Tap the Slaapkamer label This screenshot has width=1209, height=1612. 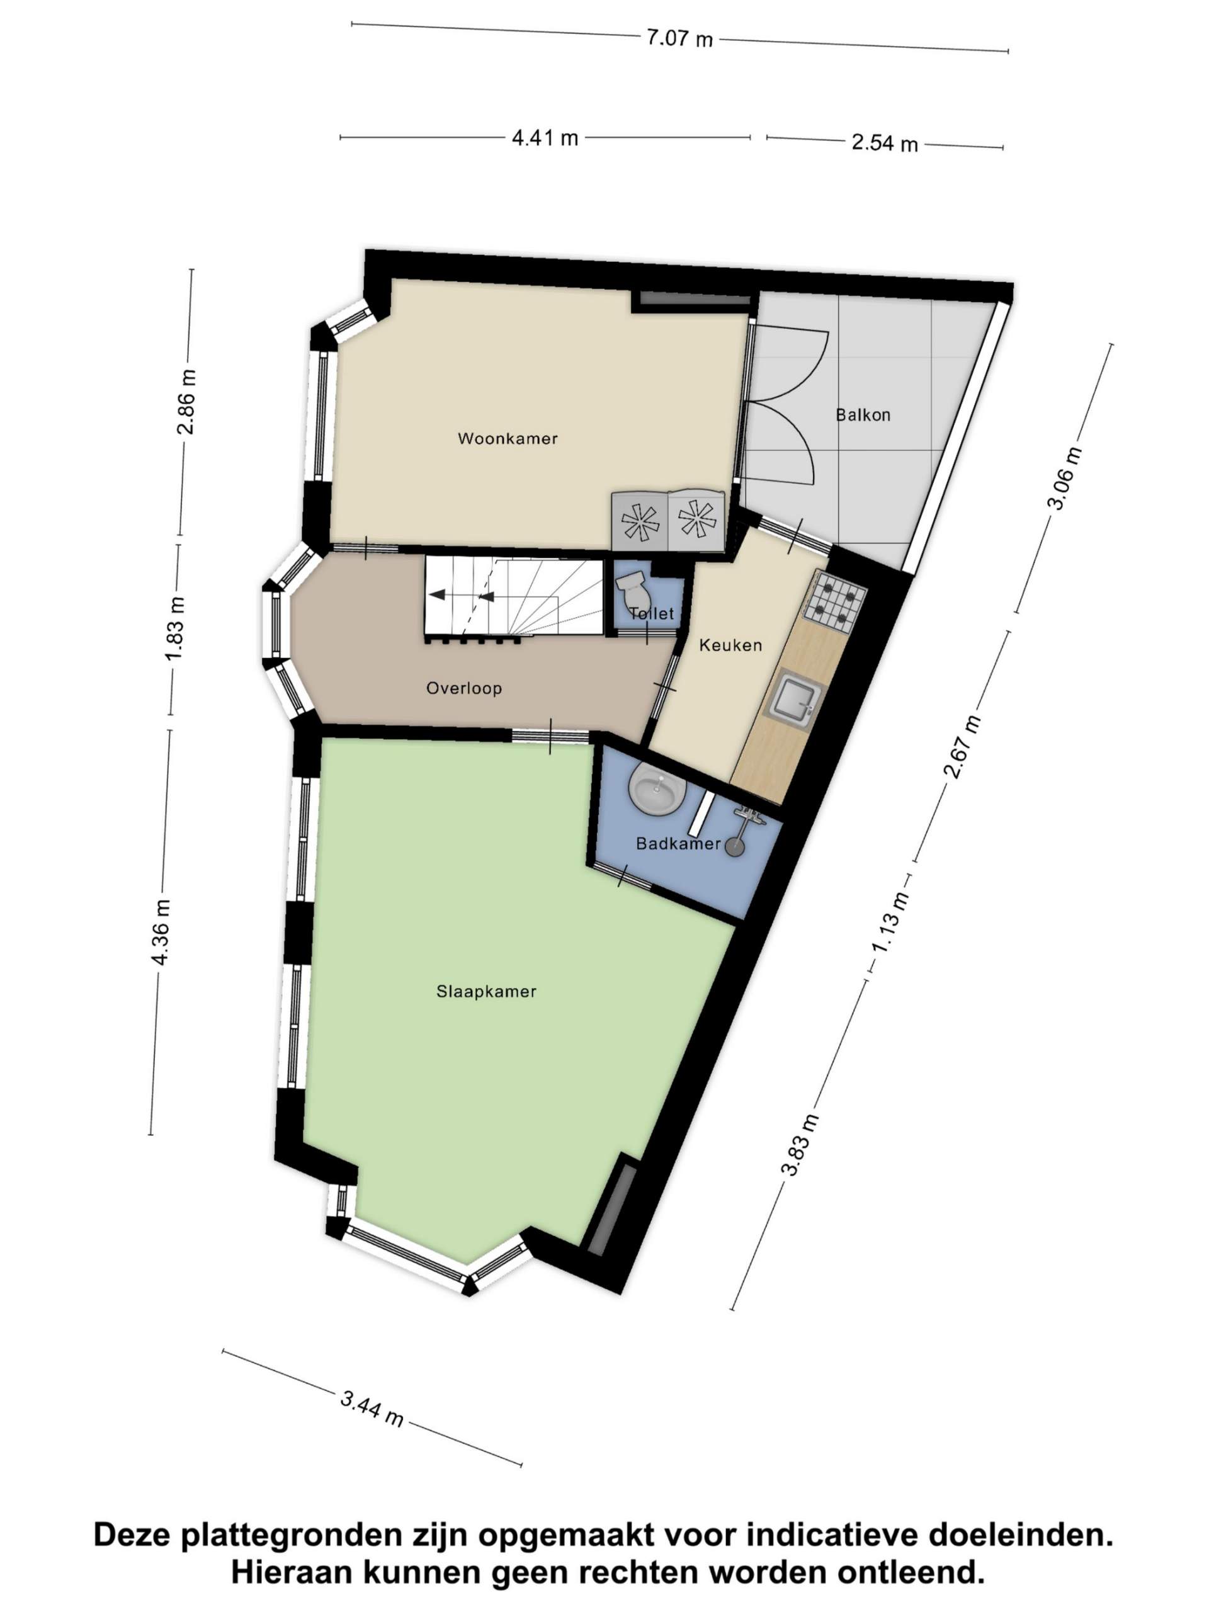[486, 991]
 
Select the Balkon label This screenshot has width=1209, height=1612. [863, 415]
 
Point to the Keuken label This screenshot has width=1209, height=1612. [730, 645]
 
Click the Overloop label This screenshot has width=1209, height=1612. [463, 688]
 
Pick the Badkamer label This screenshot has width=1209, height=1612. [678, 843]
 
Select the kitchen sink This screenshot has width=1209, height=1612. [793, 698]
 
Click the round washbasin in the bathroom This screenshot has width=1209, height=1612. [656, 788]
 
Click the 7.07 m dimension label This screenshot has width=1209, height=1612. [679, 38]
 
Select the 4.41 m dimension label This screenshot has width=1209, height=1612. [545, 138]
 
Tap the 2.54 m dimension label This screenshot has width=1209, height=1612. [885, 142]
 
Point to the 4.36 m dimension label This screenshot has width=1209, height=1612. [161, 932]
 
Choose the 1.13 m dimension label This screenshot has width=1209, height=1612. [891, 922]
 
